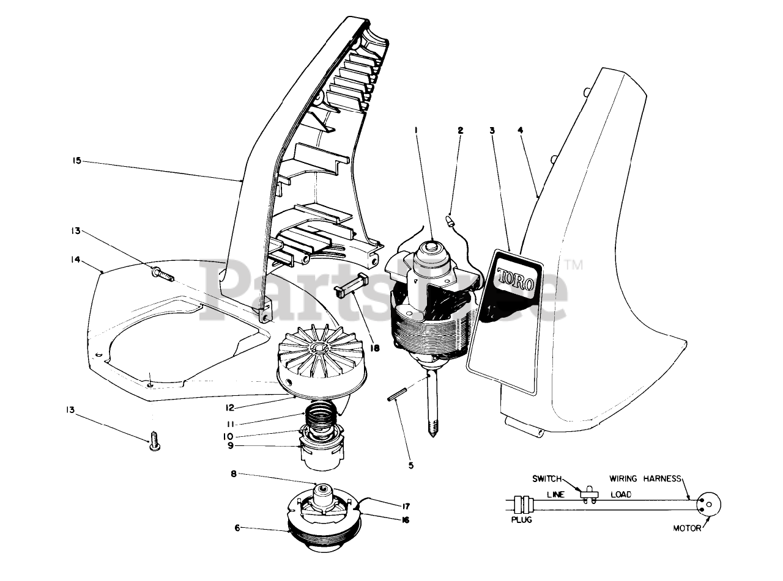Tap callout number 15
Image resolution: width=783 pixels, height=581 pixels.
point(76,162)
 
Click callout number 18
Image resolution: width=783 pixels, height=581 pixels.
point(375,348)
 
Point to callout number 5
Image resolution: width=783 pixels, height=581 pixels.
point(411,465)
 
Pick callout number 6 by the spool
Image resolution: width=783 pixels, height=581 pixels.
point(238,527)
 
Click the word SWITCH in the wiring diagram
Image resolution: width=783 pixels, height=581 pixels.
point(546,478)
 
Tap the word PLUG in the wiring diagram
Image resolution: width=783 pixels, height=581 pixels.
point(521,520)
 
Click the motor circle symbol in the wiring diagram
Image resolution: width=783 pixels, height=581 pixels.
point(708,503)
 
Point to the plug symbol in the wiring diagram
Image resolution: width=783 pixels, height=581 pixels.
point(524,503)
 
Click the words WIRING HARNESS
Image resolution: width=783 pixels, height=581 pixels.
point(645,478)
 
